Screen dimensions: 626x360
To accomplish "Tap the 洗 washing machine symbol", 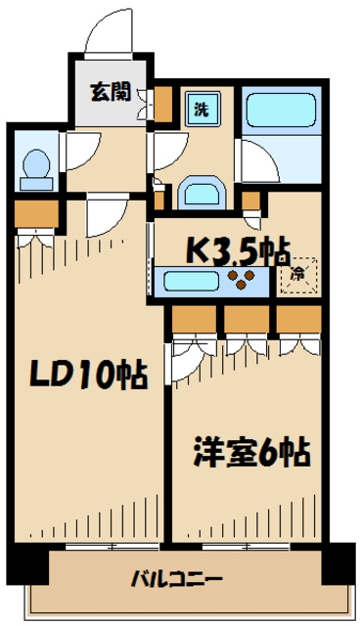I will (199, 107).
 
